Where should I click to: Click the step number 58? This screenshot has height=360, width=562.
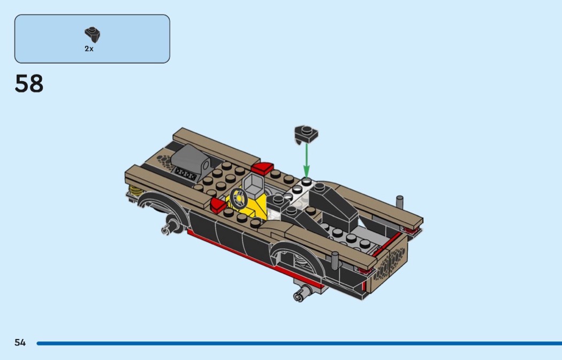click(29, 83)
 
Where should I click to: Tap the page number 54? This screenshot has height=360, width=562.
click(20, 343)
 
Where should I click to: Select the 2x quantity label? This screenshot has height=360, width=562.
click(89, 49)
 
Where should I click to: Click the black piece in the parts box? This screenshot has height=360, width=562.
click(93, 35)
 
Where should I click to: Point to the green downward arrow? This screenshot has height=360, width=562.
click(307, 159)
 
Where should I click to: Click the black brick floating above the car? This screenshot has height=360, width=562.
click(306, 135)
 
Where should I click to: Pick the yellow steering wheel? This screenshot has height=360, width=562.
click(239, 198)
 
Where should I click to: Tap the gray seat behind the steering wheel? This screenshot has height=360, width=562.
click(254, 185)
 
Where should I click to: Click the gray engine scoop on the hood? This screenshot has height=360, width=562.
click(191, 160)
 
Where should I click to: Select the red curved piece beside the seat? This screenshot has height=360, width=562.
click(262, 168)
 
